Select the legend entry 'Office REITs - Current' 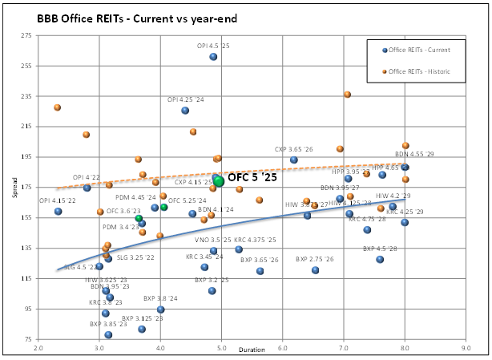pos(419,50)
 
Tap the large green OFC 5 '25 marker pos(219,180)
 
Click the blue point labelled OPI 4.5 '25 pos(213,56)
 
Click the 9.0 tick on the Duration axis pos(466,349)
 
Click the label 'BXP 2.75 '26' pos(316,259)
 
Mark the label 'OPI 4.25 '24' pos(185,100)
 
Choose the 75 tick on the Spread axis pos(26,340)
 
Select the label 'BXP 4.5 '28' pos(380,249)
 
